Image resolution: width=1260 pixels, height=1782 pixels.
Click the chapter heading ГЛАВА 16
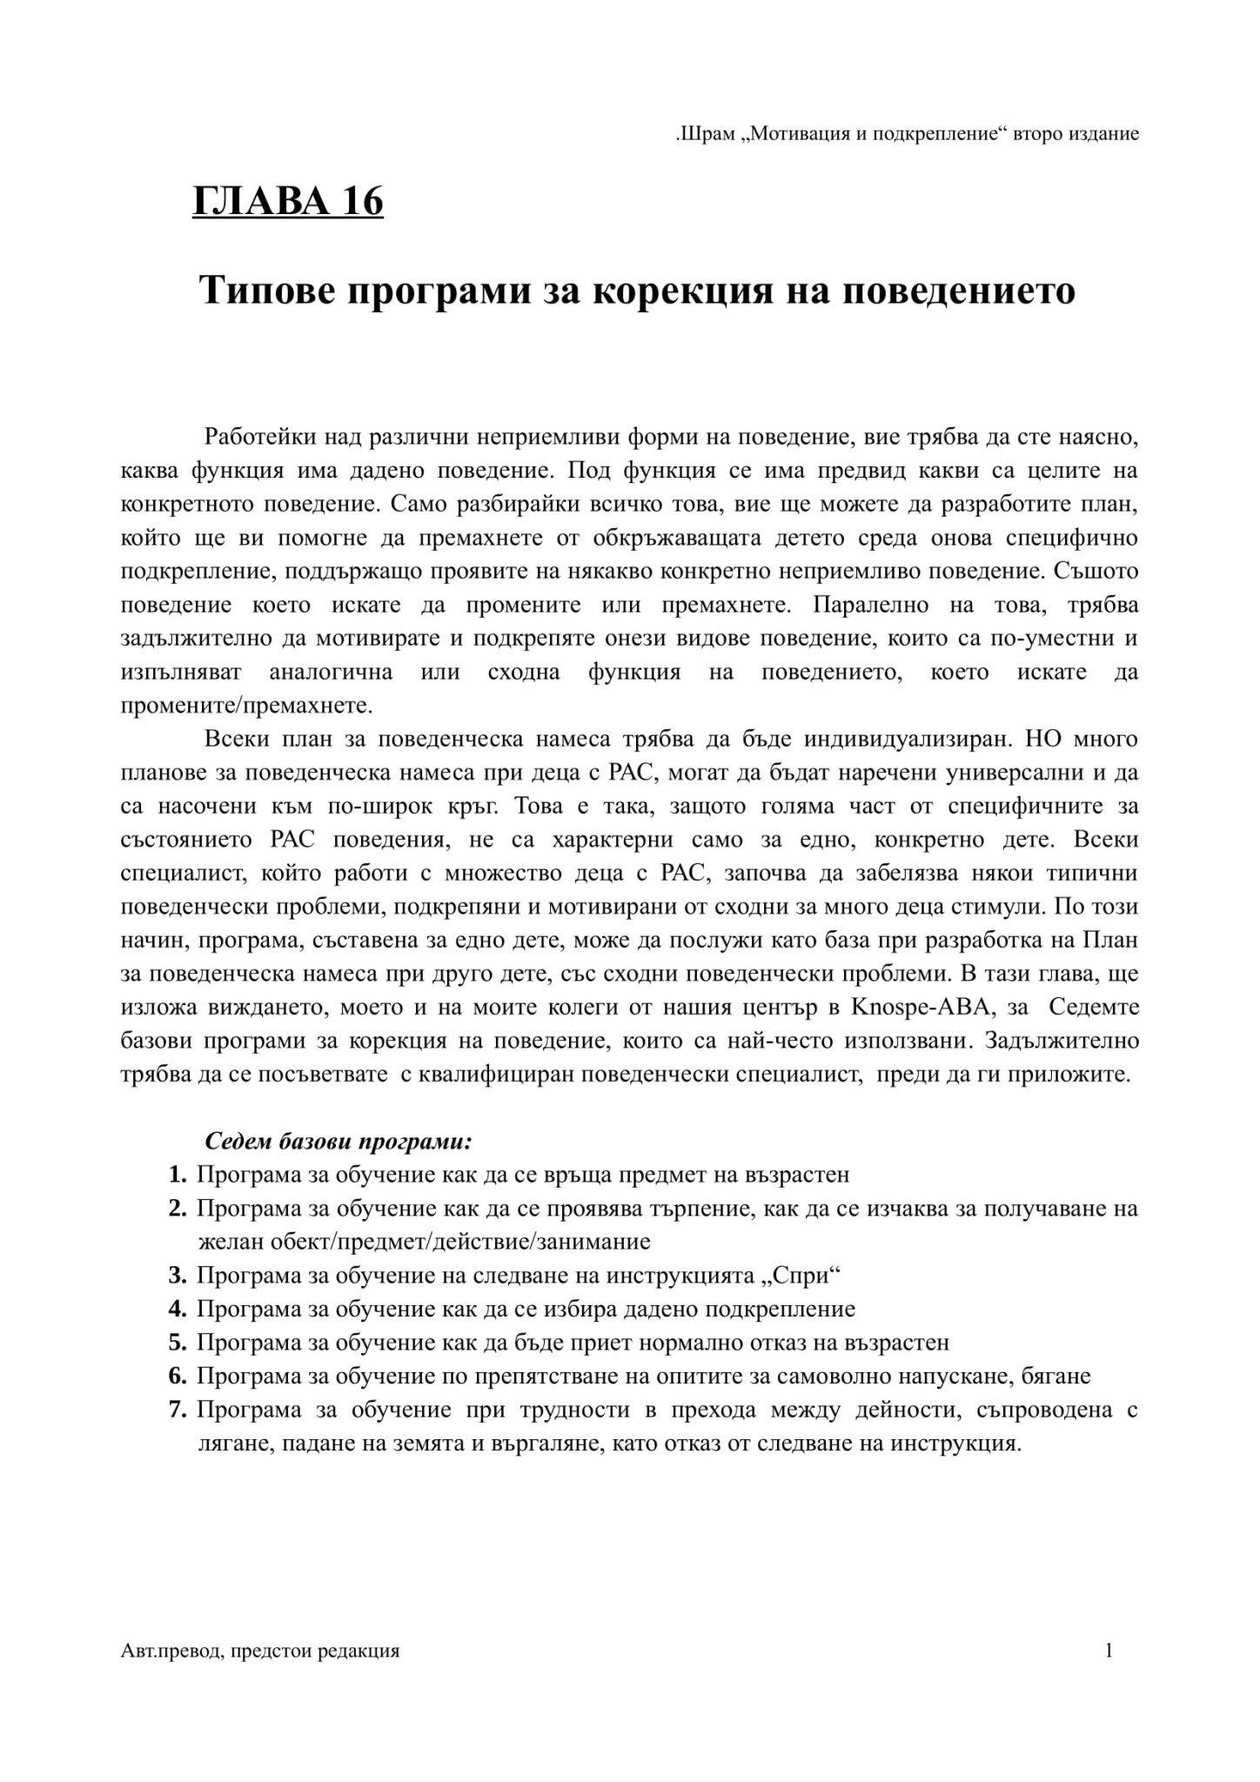tap(287, 202)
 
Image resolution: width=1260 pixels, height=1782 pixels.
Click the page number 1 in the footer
tap(1109, 1651)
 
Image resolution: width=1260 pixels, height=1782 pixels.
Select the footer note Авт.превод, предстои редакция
tap(260, 1651)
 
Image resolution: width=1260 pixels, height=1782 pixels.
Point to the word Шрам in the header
tap(708, 135)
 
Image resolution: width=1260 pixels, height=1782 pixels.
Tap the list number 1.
tap(178, 1175)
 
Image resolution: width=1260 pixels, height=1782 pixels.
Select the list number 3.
tap(178, 1276)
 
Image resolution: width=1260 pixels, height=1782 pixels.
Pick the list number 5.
tap(178, 1343)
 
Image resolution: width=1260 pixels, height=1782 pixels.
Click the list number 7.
tap(178, 1410)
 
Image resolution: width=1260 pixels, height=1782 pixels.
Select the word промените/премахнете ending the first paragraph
tap(246, 705)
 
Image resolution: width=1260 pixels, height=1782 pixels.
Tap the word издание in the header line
tap(1104, 135)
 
